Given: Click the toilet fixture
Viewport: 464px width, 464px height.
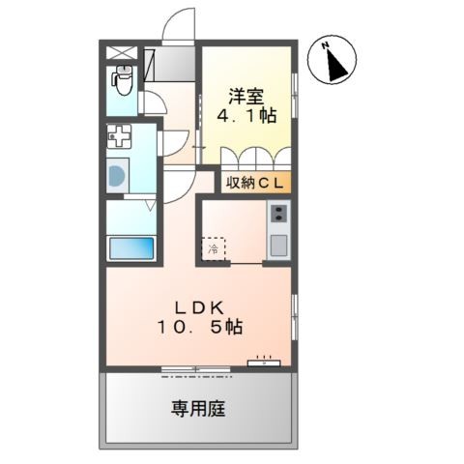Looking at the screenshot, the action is point(122,79).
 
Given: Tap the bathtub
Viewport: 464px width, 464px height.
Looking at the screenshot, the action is point(131,248).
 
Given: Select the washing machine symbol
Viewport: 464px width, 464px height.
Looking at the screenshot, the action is point(118,176).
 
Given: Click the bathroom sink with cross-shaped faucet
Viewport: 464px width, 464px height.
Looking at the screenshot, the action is point(119,136).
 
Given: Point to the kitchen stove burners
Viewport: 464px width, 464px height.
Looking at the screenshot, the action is point(278,214).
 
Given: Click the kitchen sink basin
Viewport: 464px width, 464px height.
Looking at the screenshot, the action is point(278,246).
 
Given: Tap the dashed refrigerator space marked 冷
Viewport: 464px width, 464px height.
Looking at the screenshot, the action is point(213,248).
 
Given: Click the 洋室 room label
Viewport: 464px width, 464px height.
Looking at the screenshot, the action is point(246,97).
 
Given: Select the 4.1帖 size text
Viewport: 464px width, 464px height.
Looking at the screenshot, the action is point(246,115).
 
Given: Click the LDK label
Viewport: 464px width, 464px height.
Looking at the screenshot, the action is point(199,308).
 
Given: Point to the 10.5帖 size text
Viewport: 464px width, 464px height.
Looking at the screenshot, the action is point(199,328).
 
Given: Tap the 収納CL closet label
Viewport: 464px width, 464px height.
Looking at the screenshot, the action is point(255,183).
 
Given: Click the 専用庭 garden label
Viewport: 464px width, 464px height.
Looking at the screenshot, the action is point(198,408).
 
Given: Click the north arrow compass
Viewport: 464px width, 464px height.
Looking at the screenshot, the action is point(332,60).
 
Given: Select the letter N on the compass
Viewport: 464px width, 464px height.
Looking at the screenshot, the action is point(326,45).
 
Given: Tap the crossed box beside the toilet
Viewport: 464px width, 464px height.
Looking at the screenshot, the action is point(122,52).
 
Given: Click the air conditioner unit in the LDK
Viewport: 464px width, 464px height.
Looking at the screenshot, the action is point(264,363).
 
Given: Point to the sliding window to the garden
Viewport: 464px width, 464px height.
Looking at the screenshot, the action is point(196,369).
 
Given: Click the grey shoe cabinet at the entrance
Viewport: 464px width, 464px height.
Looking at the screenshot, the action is point(169,64).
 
